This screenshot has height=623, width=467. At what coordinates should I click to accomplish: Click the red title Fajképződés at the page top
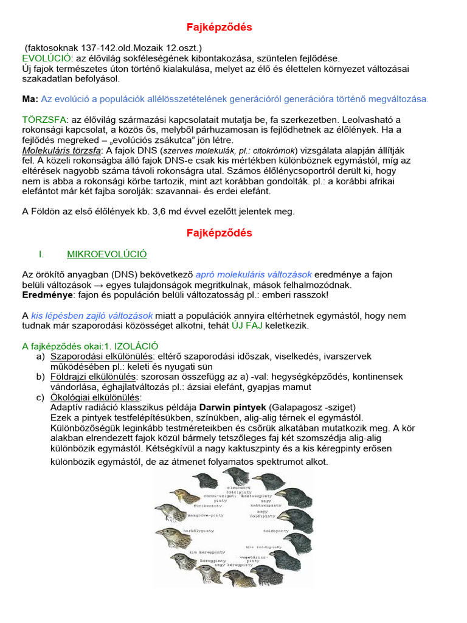(x=218, y=27)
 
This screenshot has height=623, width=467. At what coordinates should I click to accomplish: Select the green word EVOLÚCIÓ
(x=46, y=58)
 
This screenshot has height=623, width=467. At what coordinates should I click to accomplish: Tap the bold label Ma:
(x=30, y=99)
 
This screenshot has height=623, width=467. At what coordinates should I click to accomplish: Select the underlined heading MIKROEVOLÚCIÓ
(x=106, y=254)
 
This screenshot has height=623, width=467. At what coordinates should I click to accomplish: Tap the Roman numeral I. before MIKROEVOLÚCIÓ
(x=41, y=254)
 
